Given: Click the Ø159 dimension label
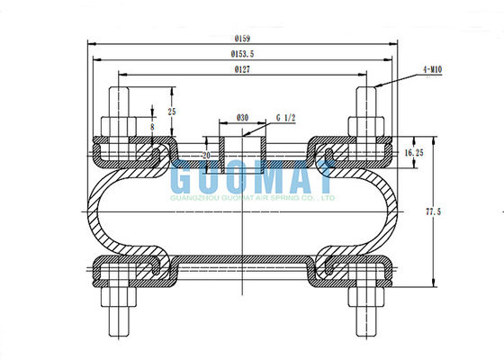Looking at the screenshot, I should pos(242,39).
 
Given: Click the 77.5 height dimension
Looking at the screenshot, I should pos(434,211).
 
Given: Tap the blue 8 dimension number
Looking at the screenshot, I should pos(152,128).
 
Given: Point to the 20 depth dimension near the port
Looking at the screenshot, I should pos(205,155).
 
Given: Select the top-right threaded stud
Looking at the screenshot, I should pos(367,99).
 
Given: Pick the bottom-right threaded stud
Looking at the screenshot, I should pos(367,319).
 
